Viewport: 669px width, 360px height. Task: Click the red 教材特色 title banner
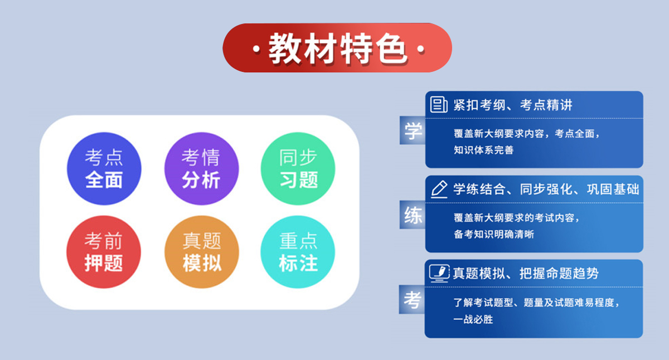click(337, 48)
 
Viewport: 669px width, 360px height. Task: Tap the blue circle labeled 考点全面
click(104, 168)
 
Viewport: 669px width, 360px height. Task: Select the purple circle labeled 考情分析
click(201, 168)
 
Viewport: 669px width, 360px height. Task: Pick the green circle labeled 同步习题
click(298, 168)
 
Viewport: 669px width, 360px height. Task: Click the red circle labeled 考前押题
click(104, 252)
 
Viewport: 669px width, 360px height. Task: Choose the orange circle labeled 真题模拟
click(201, 252)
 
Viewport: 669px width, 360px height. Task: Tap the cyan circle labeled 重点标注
click(298, 252)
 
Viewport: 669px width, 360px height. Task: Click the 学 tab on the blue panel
click(413, 132)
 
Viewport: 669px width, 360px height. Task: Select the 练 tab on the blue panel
click(413, 216)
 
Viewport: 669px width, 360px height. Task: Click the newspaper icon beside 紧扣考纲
click(439, 104)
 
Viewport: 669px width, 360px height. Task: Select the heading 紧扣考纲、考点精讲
click(512, 105)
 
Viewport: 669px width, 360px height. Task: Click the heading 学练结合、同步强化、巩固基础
click(546, 189)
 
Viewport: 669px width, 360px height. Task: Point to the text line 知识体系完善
click(483, 150)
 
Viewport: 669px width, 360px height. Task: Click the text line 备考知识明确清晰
click(493, 234)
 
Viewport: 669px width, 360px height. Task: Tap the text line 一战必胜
click(473, 319)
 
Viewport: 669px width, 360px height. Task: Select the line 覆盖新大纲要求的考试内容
click(517, 218)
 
